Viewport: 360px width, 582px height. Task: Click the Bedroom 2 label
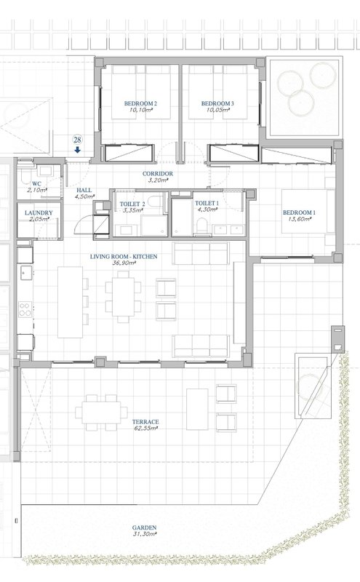(140, 103)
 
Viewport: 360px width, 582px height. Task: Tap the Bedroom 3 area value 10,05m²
(217, 110)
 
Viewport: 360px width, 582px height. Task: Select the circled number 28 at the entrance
(78, 140)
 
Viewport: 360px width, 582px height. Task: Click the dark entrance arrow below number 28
(78, 150)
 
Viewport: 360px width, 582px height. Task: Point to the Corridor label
(157, 173)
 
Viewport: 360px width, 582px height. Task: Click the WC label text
(37, 183)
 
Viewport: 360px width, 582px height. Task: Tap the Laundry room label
(39, 212)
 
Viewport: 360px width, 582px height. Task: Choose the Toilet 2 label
(132, 204)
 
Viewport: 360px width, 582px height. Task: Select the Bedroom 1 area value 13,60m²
(299, 219)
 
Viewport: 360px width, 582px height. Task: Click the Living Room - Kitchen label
(124, 256)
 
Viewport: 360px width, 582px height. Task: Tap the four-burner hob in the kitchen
(25, 309)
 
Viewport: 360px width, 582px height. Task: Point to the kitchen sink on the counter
(26, 273)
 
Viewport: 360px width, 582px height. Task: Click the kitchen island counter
(70, 302)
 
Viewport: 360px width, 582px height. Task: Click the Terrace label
(145, 422)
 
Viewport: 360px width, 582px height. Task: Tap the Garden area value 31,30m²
(145, 534)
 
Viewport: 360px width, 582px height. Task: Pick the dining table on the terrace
(101, 412)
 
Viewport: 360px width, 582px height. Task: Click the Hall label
(84, 190)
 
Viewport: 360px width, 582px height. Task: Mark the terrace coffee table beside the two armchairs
(197, 409)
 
